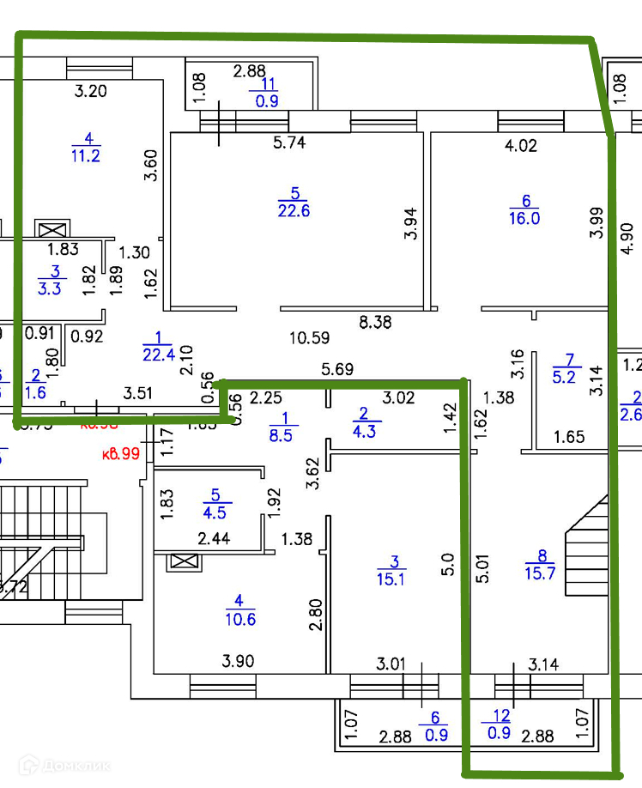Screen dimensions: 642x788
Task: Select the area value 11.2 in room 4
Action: point(86,155)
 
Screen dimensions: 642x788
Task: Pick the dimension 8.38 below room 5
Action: point(375,323)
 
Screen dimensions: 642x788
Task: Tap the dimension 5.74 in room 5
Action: point(291,144)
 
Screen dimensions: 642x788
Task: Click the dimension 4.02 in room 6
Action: point(520,146)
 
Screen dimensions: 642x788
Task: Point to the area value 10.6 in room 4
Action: point(240,619)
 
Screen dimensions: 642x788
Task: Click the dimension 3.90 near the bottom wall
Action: point(239,661)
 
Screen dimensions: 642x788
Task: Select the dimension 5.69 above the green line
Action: point(338,370)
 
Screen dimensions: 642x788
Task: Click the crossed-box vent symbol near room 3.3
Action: point(50,230)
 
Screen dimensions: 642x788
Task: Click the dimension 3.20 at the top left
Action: point(90,91)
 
